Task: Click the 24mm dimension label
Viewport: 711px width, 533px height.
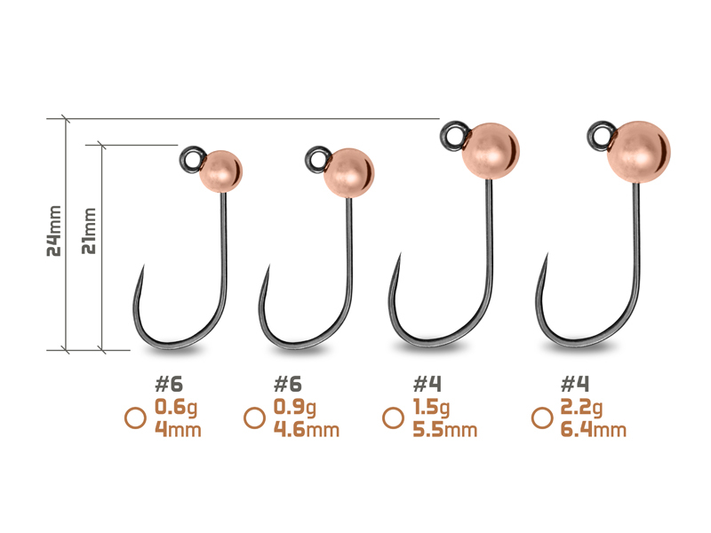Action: pos(54,231)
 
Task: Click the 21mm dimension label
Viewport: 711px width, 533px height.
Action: pos(88,231)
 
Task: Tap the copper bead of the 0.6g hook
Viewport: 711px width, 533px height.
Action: pos(220,171)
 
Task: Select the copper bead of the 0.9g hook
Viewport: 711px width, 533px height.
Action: pos(348,172)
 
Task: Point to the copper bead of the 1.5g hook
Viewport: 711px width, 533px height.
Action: pos(491,151)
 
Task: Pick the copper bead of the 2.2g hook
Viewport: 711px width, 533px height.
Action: pos(638,152)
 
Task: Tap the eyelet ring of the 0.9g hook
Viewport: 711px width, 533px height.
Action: pos(318,159)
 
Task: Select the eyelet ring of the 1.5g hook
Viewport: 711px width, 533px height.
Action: pos(455,135)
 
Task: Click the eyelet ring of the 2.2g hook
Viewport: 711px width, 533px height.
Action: pos(602,135)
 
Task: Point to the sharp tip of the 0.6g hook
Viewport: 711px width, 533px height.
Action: pos(144,266)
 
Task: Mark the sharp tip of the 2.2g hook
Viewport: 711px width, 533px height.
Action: pos(547,254)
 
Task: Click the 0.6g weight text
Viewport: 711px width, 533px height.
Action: pos(176,407)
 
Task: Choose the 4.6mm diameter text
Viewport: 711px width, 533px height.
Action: pos(306,429)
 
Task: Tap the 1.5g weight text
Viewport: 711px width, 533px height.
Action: pos(431,408)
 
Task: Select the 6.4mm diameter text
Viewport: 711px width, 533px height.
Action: pos(593,429)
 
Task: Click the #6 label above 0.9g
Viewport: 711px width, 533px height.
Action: pos(287,385)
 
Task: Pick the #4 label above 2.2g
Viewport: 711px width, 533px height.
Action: pos(574,385)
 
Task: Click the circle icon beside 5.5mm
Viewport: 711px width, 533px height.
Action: pos(393,418)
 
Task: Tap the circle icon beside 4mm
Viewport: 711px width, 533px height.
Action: pos(135,418)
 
